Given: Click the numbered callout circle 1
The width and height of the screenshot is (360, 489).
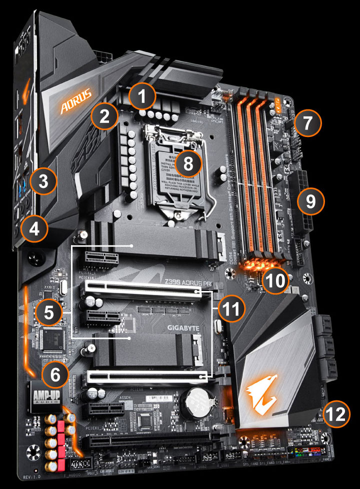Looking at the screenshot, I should pyautogui.click(x=143, y=96).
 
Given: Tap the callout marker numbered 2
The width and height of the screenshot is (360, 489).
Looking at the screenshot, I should pyautogui.click(x=104, y=117).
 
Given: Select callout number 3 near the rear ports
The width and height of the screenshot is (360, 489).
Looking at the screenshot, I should pyautogui.click(x=44, y=182).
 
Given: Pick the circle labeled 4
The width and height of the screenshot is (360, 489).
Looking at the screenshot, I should pyautogui.click(x=34, y=229).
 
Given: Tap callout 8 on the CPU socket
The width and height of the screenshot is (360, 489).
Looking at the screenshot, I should pyautogui.click(x=188, y=163).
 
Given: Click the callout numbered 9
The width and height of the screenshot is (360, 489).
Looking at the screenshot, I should pyautogui.click(x=310, y=201).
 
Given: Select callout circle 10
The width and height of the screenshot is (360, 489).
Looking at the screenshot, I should pyautogui.click(x=275, y=279).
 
